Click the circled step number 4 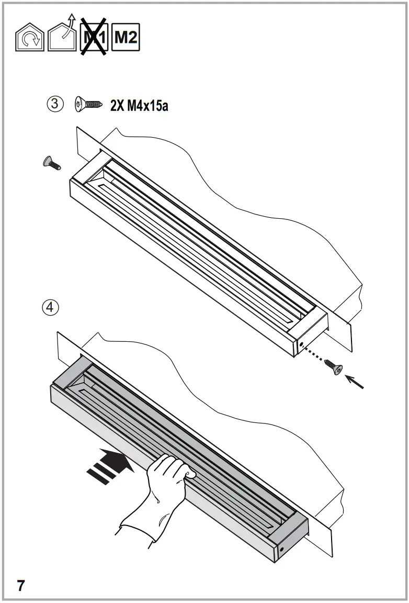coord(50,307)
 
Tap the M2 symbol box coord(126,38)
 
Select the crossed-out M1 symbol coord(94,37)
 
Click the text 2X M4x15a coord(139,106)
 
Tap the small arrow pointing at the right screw coord(355,381)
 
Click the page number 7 coord(21,585)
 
